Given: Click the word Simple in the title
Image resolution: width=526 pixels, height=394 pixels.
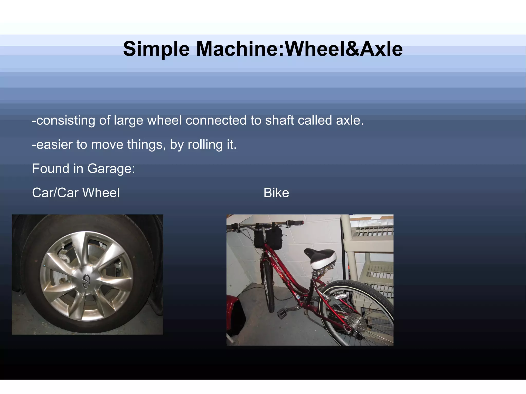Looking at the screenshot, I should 156,49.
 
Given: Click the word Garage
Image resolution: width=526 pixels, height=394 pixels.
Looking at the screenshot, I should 110,169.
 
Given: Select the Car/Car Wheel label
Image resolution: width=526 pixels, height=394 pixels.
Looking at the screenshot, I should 76,193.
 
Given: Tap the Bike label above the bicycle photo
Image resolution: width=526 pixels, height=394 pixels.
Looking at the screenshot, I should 276,193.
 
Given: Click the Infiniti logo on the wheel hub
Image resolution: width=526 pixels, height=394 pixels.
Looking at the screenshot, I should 86,278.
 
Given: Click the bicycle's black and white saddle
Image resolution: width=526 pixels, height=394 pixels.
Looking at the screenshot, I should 321,258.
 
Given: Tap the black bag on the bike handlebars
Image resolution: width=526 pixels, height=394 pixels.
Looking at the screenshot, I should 268,237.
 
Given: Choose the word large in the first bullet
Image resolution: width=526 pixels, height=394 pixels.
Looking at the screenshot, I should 128,120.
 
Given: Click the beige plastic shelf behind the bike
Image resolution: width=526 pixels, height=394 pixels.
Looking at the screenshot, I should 370,257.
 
